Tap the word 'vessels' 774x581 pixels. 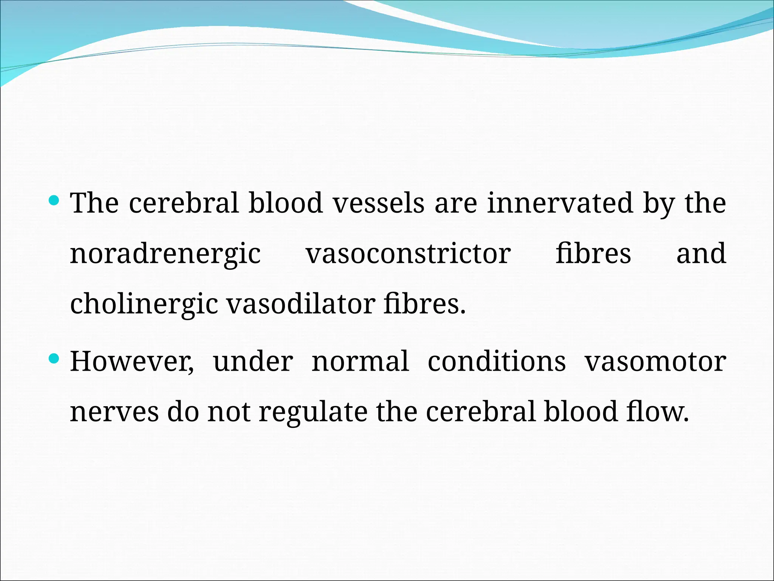[379, 204]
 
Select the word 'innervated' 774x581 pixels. [560, 204]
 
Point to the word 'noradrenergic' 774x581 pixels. [166, 254]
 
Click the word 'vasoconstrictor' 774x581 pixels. [408, 254]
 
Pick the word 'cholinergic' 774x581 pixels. [144, 304]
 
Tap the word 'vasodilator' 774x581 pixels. [300, 304]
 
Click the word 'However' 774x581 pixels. [132, 362]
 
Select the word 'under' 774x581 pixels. [253, 362]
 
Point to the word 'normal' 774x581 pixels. [360, 362]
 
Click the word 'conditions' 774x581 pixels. [497, 362]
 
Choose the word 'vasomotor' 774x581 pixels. [655, 362]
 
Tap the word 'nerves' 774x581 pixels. [114, 412]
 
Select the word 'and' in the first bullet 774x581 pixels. [701, 254]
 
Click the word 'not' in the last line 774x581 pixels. [229, 412]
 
